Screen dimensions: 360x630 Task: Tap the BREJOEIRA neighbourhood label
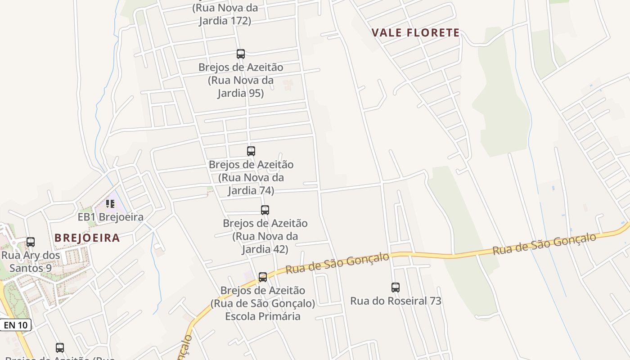(x=87, y=238)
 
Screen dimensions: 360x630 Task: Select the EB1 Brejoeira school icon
(x=110, y=204)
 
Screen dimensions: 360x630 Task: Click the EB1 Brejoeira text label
(x=111, y=217)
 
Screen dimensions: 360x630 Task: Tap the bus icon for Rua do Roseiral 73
(x=396, y=287)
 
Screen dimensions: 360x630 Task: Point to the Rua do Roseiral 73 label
(x=396, y=301)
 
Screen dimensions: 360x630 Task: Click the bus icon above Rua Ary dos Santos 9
(x=31, y=242)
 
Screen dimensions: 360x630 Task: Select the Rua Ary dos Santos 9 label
(x=31, y=262)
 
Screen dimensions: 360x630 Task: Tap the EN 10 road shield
(x=16, y=325)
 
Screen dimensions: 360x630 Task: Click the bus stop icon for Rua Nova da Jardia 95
(x=241, y=54)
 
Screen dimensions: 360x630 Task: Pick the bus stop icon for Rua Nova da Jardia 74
(x=251, y=151)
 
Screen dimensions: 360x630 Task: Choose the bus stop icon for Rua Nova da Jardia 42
(x=265, y=210)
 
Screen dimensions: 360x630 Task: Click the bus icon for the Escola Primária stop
(x=263, y=277)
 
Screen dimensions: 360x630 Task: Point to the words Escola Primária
(x=263, y=316)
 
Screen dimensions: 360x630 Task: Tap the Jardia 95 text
(x=240, y=94)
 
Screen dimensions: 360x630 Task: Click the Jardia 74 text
(x=251, y=191)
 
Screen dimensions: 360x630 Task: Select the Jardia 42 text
(x=265, y=249)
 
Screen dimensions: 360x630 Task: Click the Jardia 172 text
(x=225, y=21)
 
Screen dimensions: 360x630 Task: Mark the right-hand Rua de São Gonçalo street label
(x=544, y=244)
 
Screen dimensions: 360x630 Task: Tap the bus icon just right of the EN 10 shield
(x=60, y=348)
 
